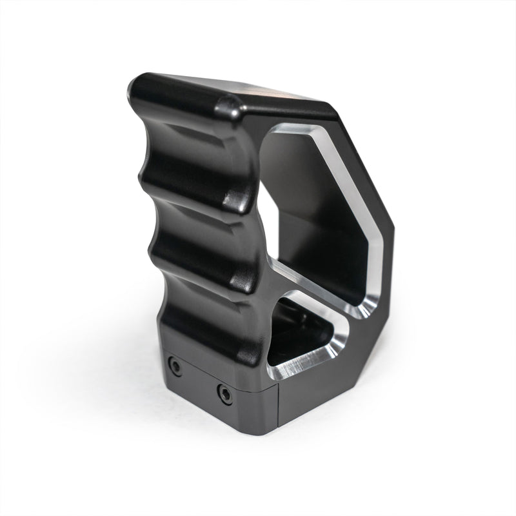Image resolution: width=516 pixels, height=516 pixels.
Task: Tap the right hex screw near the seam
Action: tap(224, 393)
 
